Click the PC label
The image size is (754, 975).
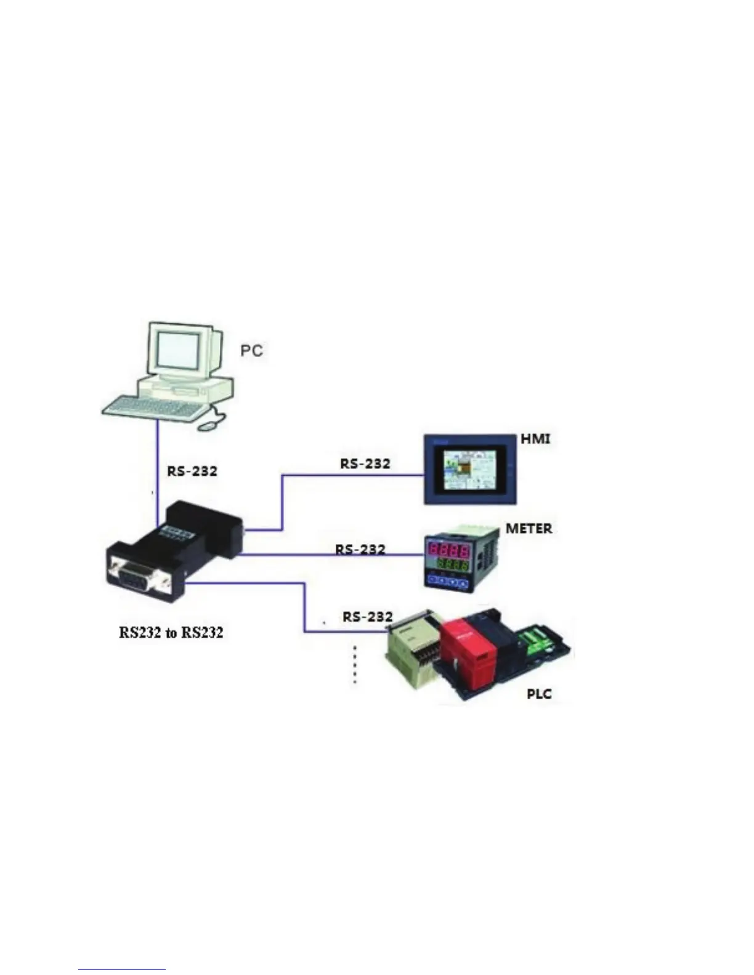point(251,350)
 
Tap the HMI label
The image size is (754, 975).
point(535,439)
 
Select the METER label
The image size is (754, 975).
point(529,528)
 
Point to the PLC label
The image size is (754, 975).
point(539,694)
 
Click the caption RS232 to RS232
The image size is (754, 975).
point(171,632)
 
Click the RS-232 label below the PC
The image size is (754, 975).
point(192,471)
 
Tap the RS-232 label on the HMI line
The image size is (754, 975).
point(365,463)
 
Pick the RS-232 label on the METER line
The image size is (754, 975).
point(360,548)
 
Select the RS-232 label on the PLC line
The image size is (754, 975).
point(368,616)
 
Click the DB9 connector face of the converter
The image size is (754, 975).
point(137,576)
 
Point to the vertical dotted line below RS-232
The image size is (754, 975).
point(354,665)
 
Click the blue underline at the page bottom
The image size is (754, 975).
point(122,970)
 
